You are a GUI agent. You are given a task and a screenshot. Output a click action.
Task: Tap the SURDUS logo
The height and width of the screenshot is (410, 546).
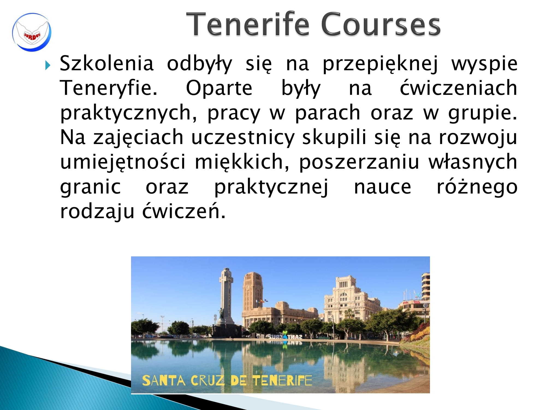32,32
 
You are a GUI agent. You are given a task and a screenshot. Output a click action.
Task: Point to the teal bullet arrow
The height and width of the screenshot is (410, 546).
48,65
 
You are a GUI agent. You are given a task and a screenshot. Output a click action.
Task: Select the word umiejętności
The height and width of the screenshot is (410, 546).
123,162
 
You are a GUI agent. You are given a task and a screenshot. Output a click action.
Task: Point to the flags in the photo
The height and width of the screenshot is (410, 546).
262,301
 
